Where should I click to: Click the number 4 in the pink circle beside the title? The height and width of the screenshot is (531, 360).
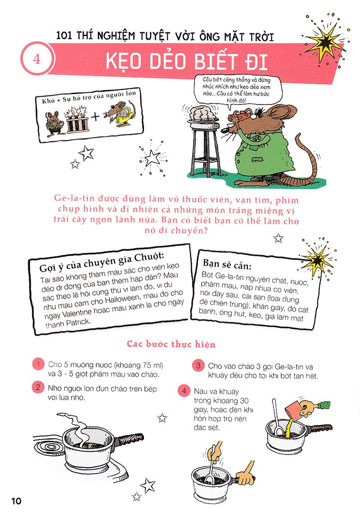[x=36, y=59]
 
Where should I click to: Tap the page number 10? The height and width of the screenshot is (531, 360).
[x=16, y=501]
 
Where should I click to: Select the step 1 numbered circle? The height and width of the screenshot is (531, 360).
[x=39, y=364]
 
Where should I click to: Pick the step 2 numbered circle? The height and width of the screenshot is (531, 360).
[x=38, y=387]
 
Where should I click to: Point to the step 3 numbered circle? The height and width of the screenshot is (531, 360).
[x=198, y=366]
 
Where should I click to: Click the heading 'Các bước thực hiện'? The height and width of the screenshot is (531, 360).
[x=171, y=344]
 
